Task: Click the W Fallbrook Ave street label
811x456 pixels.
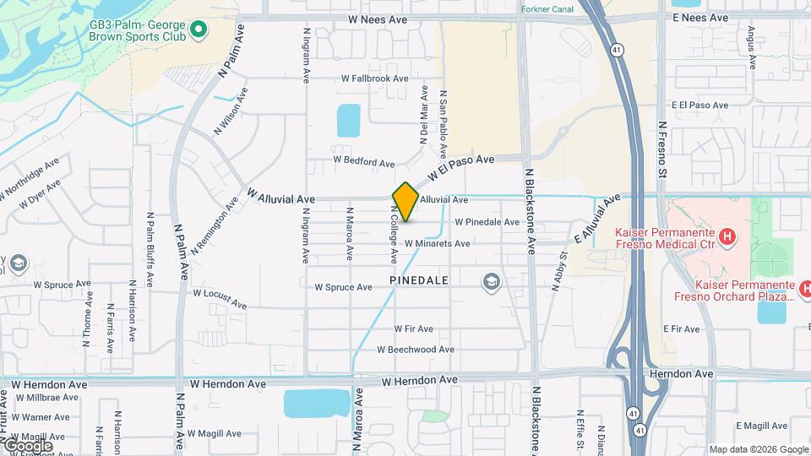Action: pyautogui.click(x=374, y=79)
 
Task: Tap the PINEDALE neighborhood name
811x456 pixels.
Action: pyautogui.click(x=418, y=280)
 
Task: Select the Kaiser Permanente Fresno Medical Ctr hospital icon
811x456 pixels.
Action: pyautogui.click(x=725, y=234)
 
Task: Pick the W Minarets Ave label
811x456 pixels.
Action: pyautogui.click(x=437, y=244)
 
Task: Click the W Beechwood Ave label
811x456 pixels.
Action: pyautogui.click(x=416, y=350)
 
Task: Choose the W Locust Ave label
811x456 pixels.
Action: pyautogui.click(x=220, y=297)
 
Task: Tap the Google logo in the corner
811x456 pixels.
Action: pyautogui.click(x=28, y=445)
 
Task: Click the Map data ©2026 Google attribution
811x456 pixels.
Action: pyautogui.click(x=759, y=449)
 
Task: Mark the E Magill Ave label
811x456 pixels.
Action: pyautogui.click(x=761, y=426)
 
